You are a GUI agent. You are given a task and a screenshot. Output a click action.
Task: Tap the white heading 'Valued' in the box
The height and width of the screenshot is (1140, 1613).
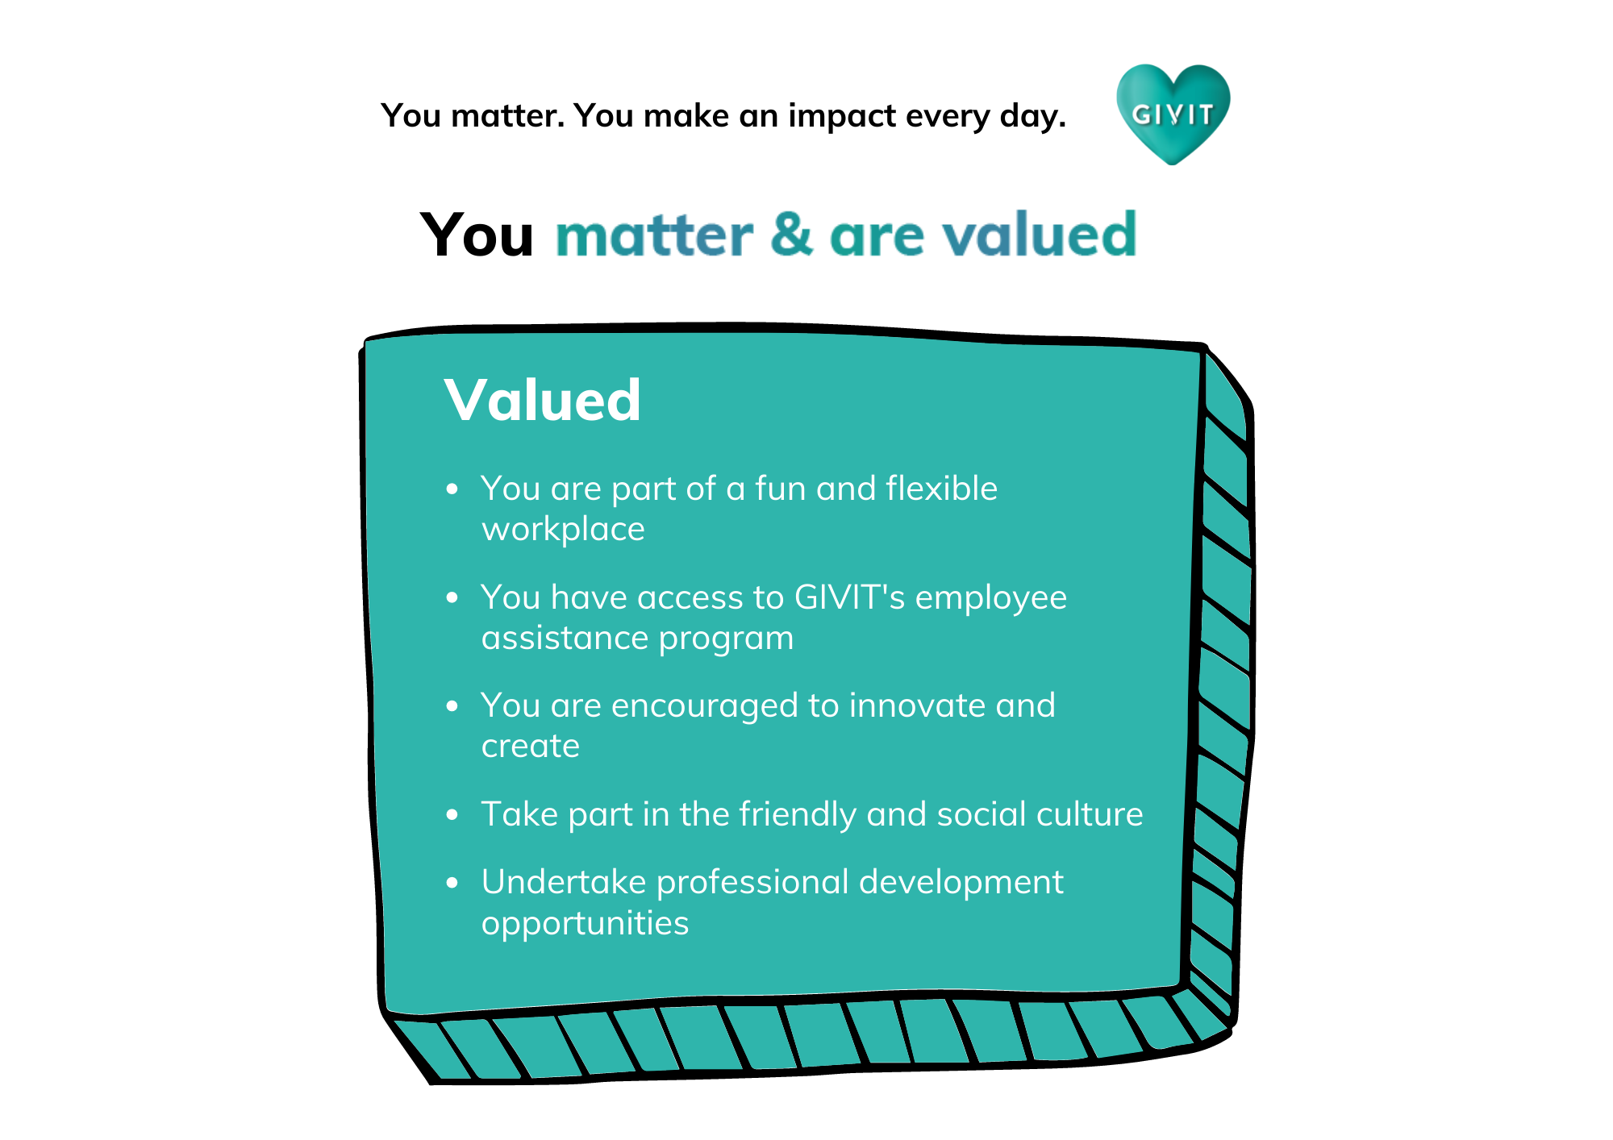click(x=542, y=400)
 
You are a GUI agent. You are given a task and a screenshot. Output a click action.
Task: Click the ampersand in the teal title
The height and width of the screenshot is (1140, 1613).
click(x=791, y=235)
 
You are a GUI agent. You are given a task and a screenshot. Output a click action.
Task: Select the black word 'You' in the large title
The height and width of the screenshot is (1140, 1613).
click(x=477, y=235)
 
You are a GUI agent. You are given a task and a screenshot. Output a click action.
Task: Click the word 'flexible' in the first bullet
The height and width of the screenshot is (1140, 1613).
click(x=941, y=488)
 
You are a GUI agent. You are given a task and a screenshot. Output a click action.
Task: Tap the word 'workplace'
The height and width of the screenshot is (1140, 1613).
click(x=563, y=530)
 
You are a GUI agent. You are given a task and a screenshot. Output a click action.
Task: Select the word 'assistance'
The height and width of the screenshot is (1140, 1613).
click(x=565, y=638)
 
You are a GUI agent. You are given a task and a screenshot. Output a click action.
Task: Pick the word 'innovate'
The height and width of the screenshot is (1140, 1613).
click(x=917, y=705)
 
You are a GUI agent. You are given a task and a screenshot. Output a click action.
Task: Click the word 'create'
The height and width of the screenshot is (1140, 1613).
click(x=531, y=746)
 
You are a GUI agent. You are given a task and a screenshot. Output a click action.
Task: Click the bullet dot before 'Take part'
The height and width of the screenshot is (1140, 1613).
click(x=452, y=815)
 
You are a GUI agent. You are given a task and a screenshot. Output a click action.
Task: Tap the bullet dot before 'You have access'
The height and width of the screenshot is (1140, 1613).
click(x=452, y=597)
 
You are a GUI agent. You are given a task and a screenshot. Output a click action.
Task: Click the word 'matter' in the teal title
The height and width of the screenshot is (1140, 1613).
click(x=654, y=235)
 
